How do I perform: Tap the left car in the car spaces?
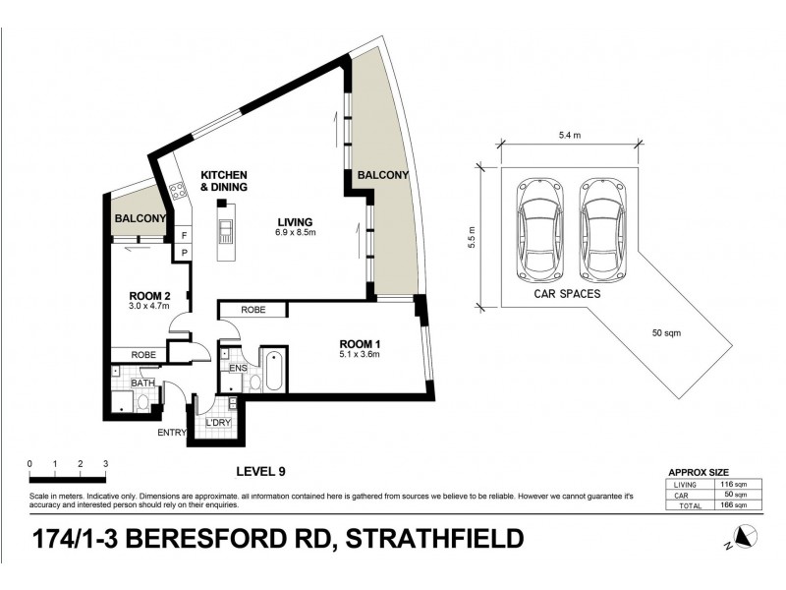point(538,228)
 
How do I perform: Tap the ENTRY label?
point(171,431)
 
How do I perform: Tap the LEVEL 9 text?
point(261,472)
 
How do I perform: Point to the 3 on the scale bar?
point(105,463)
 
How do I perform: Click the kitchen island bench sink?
point(226,232)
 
